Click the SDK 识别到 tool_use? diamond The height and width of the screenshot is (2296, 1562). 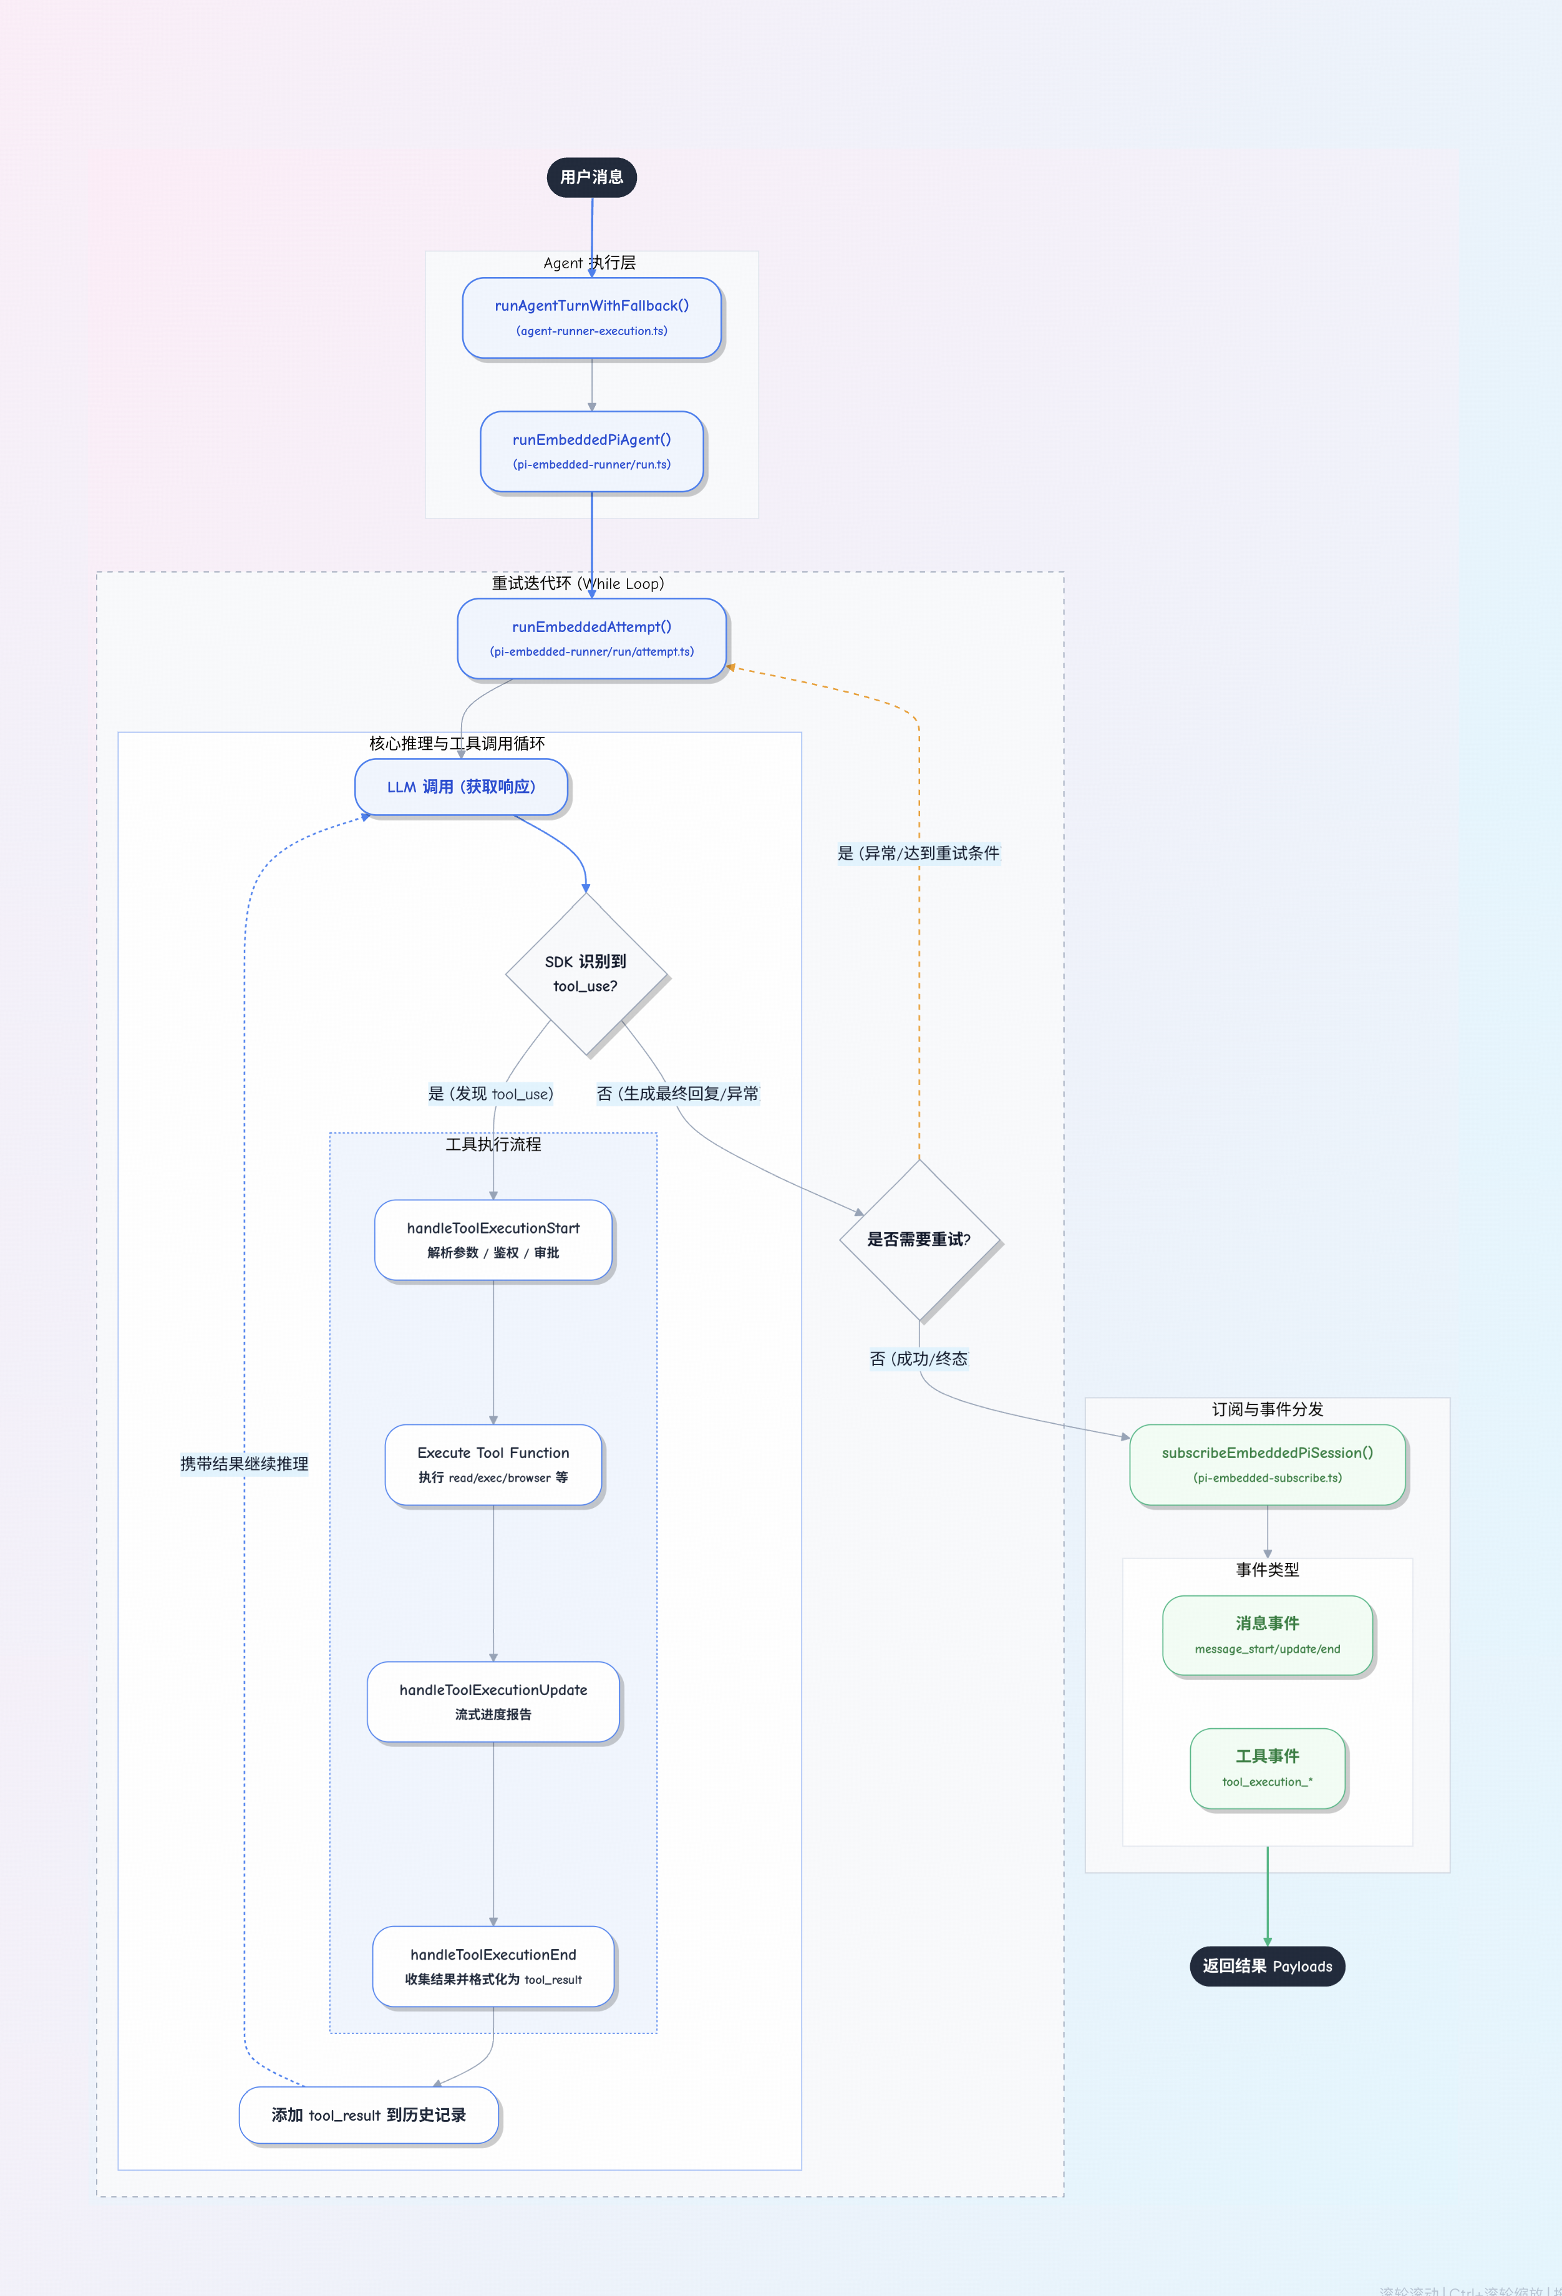pyautogui.click(x=586, y=974)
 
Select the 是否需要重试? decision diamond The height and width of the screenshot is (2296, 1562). pyautogui.click(x=919, y=1239)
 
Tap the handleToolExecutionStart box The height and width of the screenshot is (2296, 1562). pyautogui.click(x=493, y=1239)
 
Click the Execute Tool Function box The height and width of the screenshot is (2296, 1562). pyautogui.click(x=493, y=1464)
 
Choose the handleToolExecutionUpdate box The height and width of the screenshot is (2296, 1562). pyautogui.click(x=493, y=1701)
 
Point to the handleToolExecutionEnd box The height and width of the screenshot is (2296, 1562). pyautogui.click(x=493, y=1966)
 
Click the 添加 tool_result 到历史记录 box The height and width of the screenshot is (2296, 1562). pyautogui.click(x=369, y=2114)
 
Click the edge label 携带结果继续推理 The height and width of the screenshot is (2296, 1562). pyautogui.click(x=244, y=1463)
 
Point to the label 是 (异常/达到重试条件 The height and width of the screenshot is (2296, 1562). pyautogui.click(x=918, y=853)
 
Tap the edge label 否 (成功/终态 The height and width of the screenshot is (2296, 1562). pyautogui.click(x=918, y=1358)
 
